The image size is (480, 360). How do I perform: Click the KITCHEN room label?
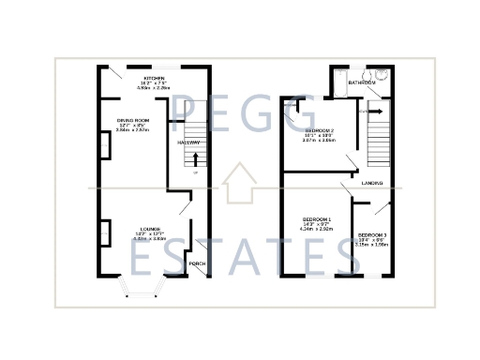click(154, 79)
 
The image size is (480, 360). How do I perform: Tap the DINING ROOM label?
click(134, 120)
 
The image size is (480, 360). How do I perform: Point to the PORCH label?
click(197, 263)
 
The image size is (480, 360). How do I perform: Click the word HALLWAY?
click(189, 142)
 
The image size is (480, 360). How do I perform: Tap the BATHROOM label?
click(362, 82)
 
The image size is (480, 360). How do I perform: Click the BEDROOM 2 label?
click(319, 129)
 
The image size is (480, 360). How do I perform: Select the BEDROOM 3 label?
click(371, 234)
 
